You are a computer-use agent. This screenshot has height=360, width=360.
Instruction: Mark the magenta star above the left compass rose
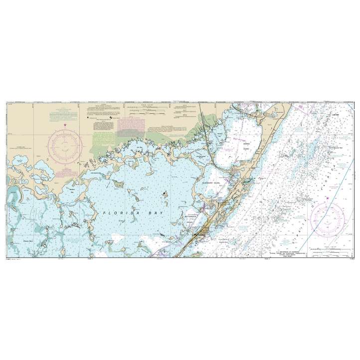click(x=65, y=125)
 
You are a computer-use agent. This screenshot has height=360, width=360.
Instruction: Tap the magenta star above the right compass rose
click(x=327, y=198)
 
